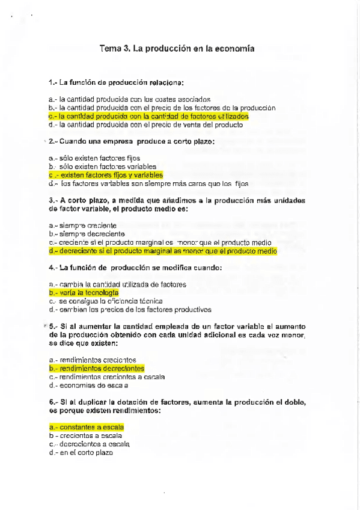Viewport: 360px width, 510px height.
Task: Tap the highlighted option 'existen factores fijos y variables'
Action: click(106, 174)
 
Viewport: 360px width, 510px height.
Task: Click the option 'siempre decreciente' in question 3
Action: click(87, 233)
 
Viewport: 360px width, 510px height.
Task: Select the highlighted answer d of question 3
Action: click(163, 251)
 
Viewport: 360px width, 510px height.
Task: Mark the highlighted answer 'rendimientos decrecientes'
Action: click(97, 367)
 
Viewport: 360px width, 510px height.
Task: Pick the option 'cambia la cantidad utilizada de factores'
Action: click(117, 283)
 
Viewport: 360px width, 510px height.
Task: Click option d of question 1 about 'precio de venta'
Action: click(145, 124)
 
